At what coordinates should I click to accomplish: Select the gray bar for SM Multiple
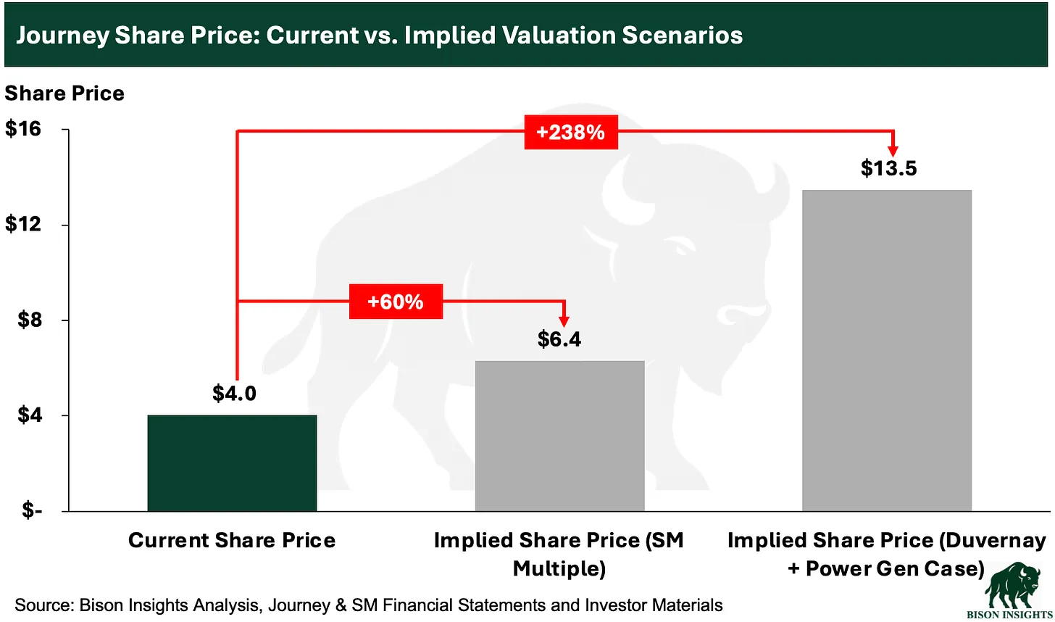pos(559,436)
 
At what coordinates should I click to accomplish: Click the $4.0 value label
pos(234,393)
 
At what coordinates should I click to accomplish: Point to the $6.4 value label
pos(559,339)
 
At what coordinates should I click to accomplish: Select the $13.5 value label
pos(888,168)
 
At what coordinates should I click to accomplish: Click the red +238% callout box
pos(571,132)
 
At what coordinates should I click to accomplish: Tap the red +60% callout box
pos(396,302)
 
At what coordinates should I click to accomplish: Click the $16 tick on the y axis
pos(23,129)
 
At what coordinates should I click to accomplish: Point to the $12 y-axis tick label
pos(23,224)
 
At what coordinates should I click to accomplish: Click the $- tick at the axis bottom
pos(31,510)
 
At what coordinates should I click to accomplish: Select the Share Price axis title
pos(64,94)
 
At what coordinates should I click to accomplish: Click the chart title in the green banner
pos(379,36)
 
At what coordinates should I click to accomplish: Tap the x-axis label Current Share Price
pos(232,540)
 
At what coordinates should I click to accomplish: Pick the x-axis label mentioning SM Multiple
pos(559,554)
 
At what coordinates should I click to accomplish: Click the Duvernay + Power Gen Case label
pos(886,554)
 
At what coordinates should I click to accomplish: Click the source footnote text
pos(369,605)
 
